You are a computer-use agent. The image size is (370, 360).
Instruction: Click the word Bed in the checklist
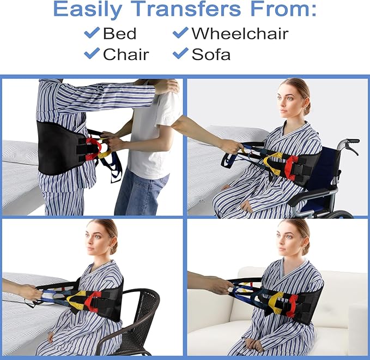[x=120, y=33]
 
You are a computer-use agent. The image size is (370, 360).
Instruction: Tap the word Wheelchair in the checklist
[x=239, y=33]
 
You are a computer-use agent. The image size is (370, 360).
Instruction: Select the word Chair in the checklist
[x=125, y=54]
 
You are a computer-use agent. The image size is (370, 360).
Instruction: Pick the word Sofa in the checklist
[x=211, y=54]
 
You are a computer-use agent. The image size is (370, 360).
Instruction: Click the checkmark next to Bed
[x=91, y=33]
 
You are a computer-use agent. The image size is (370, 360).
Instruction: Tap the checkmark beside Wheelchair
[x=180, y=33]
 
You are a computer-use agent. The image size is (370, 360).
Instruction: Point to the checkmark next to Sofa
[x=180, y=53]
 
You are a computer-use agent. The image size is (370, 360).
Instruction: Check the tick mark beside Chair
[x=91, y=53]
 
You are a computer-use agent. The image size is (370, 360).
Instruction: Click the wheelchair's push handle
[x=349, y=143]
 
